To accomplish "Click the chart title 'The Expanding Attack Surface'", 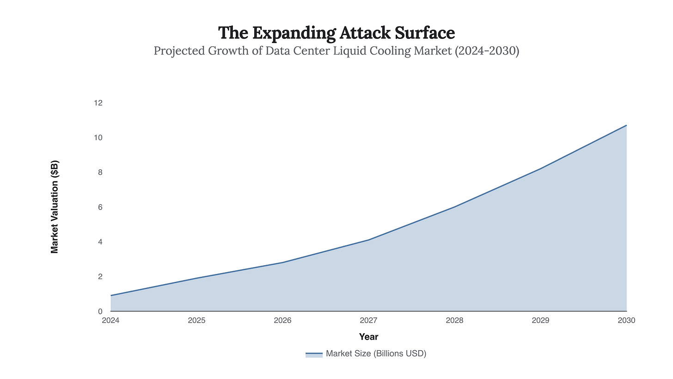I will tap(336, 33).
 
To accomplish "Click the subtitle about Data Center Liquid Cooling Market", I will tap(336, 50).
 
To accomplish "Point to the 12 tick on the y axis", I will tap(98, 103).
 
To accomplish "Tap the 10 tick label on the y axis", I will tap(98, 137).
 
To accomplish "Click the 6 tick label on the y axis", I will tap(99, 207).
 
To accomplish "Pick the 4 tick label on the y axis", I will tap(99, 242).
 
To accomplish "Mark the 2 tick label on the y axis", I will tap(99, 276).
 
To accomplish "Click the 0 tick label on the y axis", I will tap(99, 311).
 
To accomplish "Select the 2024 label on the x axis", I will tap(110, 320).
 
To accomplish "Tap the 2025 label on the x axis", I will tap(196, 320).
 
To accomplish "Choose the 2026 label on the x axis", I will tap(282, 320).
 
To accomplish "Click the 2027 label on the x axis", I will tap(368, 320).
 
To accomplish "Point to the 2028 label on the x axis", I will tap(454, 320).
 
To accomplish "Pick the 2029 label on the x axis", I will tap(540, 320).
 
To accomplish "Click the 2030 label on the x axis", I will tap(626, 320).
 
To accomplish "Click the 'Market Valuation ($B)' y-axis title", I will tap(55, 207).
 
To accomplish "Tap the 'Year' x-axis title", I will tap(368, 336).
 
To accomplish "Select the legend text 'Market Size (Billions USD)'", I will tap(376, 354).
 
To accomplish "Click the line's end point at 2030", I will tap(626, 125).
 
